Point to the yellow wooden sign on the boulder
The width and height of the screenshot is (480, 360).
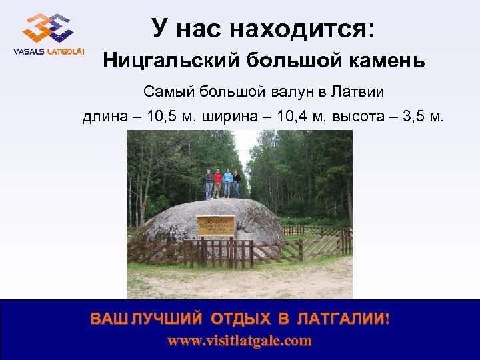[x=215, y=225]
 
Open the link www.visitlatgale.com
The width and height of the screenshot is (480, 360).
[x=239, y=341]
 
